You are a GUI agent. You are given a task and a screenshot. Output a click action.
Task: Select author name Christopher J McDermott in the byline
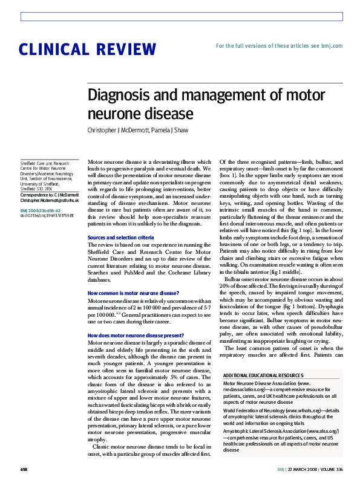coord(115,130)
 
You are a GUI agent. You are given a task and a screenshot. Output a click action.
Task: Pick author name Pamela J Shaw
coord(165,130)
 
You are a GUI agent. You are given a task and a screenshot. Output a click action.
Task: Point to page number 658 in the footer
coord(24,469)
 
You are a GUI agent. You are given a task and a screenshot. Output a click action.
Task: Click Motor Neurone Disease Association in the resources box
coord(261,383)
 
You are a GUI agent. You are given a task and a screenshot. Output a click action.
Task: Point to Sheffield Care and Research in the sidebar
coord(45,163)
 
